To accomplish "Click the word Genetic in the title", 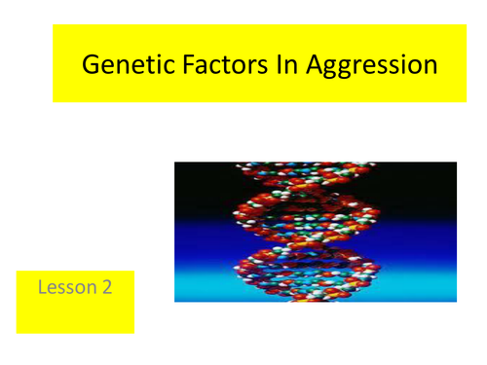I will (121, 66).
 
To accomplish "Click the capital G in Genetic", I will (91, 66).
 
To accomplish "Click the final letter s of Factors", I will (249, 68).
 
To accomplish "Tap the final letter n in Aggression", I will (430, 68).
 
